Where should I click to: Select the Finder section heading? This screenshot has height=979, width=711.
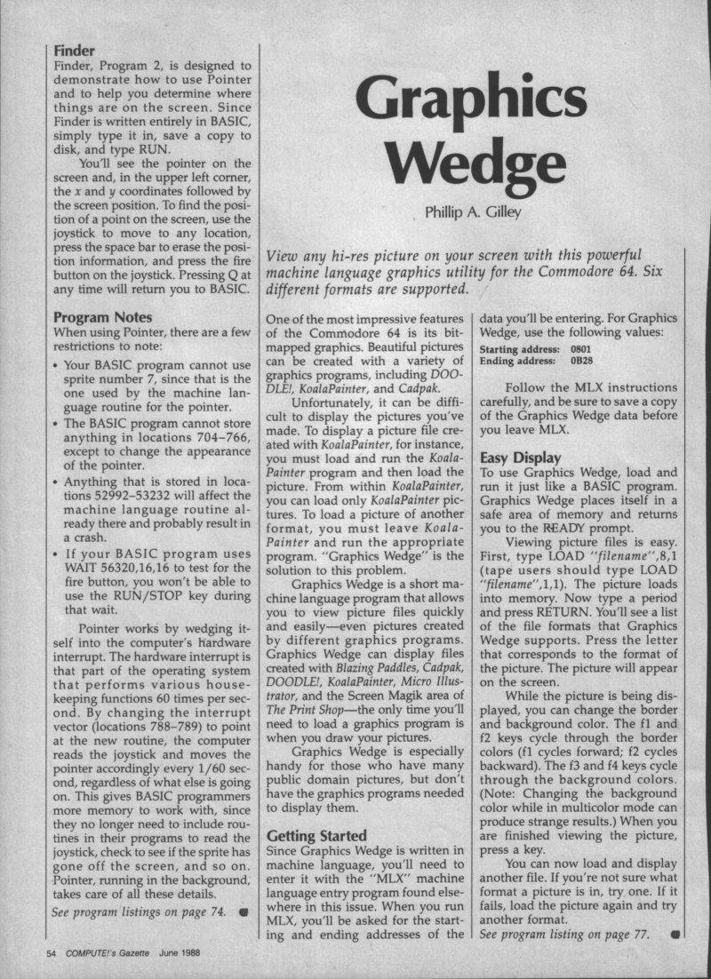click(x=74, y=51)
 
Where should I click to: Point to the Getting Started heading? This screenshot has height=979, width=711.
click(x=316, y=836)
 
